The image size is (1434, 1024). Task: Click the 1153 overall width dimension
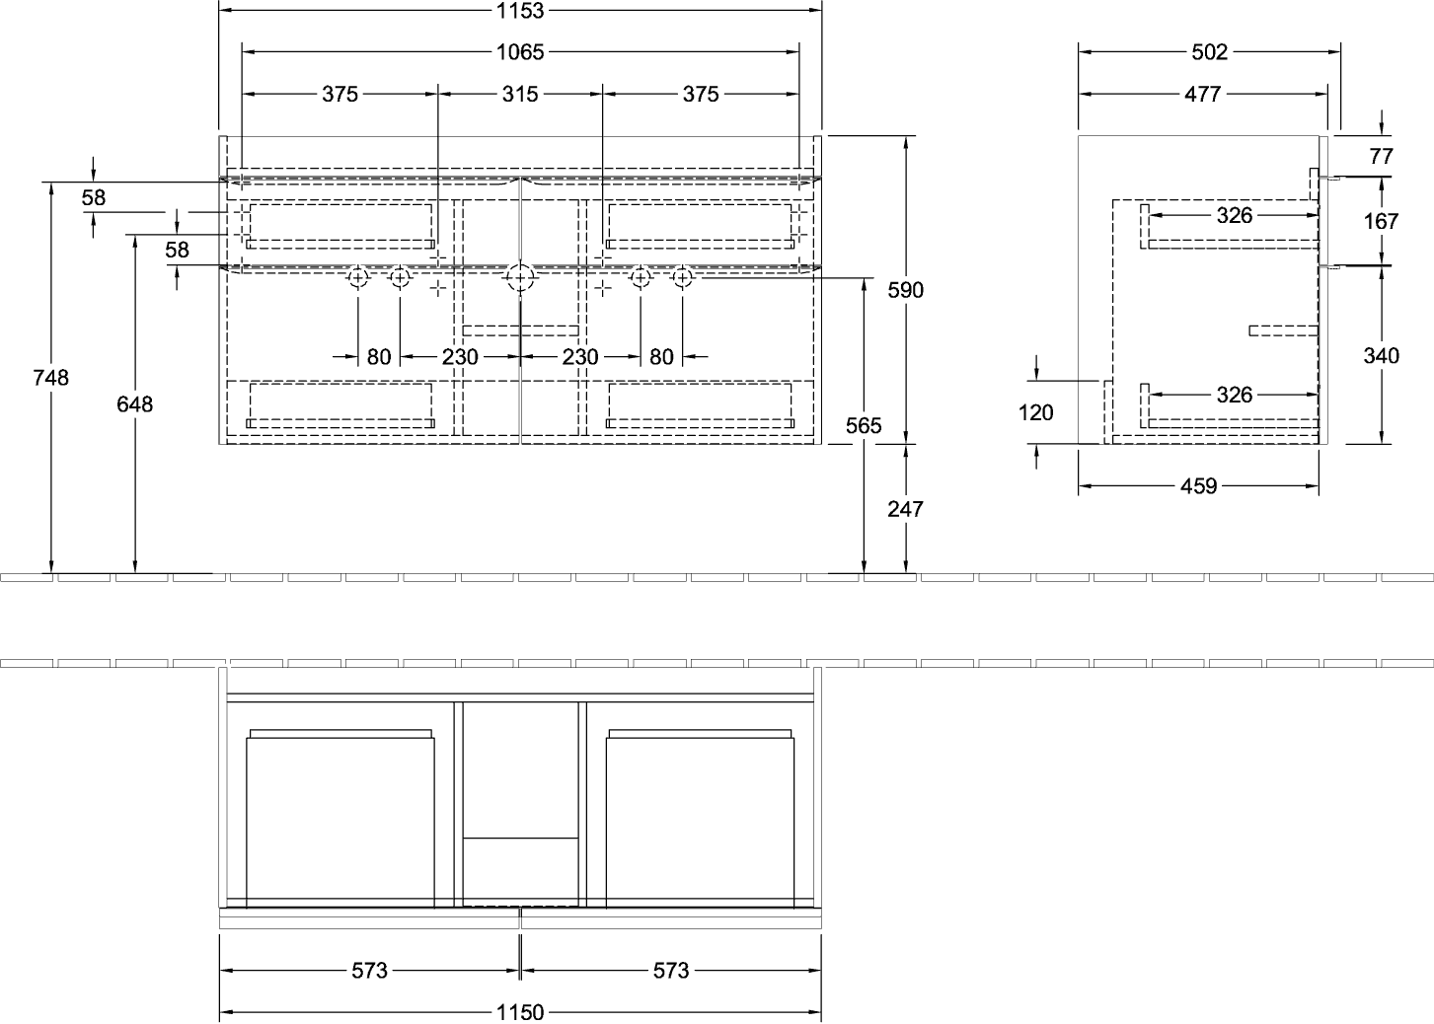pyautogui.click(x=520, y=11)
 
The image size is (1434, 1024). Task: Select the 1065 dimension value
pyautogui.click(x=520, y=52)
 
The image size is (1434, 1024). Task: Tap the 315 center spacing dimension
pyautogui.click(x=520, y=94)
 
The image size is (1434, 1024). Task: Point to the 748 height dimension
pyautogui.click(x=51, y=378)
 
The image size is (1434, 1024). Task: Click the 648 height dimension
pyautogui.click(x=135, y=403)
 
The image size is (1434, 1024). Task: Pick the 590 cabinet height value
pyautogui.click(x=905, y=290)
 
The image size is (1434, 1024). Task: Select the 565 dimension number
pyautogui.click(x=864, y=425)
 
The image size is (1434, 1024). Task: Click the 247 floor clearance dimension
pyautogui.click(x=905, y=509)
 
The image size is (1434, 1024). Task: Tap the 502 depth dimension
pyautogui.click(x=1209, y=52)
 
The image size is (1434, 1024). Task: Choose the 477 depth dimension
pyautogui.click(x=1203, y=94)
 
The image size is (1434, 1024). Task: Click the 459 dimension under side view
pyautogui.click(x=1198, y=485)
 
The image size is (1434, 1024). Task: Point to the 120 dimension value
pyautogui.click(x=1036, y=412)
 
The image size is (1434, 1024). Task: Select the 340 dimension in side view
pyautogui.click(x=1381, y=355)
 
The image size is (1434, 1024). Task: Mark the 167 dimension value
pyautogui.click(x=1381, y=221)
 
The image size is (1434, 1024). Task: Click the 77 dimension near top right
pyautogui.click(x=1382, y=156)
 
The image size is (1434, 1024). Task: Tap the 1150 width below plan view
pyautogui.click(x=520, y=1012)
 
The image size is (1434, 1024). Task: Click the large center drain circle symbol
pyautogui.click(x=520, y=278)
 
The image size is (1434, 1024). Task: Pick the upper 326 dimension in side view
pyautogui.click(x=1235, y=215)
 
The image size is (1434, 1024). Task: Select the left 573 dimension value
pyautogui.click(x=369, y=971)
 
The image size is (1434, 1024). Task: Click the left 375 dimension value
pyautogui.click(x=340, y=94)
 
